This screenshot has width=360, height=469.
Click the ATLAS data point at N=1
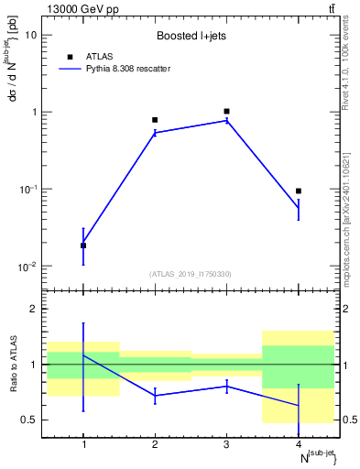pos(83,245)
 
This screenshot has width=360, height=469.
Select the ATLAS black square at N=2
pos(155,120)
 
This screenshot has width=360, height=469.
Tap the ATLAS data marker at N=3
pos(226,111)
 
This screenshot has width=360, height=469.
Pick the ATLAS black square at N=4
pos(299,191)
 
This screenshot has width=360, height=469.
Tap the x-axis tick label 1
pos(83,445)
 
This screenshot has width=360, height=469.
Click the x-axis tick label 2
pos(155,445)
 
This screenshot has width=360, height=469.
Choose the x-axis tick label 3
pos(226,445)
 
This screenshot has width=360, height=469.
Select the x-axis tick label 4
pos(299,445)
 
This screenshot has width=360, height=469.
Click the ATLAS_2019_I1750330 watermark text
pos(191,274)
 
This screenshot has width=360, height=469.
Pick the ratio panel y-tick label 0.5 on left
pos(30,420)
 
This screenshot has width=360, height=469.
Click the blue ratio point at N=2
pos(155,396)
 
